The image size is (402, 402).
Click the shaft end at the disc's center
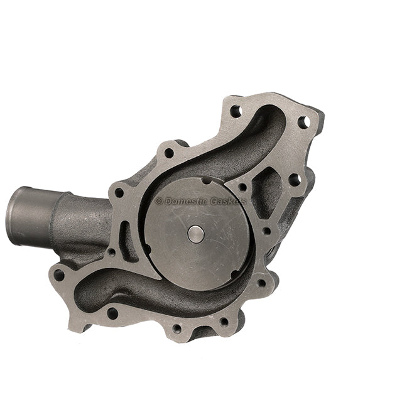tap(196, 234)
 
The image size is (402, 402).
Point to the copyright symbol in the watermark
tap(159, 201)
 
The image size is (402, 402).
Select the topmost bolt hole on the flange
tap(236, 111)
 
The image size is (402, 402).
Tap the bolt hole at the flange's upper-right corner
tap(303, 122)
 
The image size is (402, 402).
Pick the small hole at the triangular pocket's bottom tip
tap(266, 231)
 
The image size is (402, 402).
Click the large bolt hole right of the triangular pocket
tap(294, 180)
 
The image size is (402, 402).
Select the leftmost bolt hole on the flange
tap(59, 274)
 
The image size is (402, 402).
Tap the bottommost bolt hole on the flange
tap(177, 328)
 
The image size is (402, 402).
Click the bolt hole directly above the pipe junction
tap(118, 192)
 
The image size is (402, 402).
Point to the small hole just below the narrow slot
tap(111, 253)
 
